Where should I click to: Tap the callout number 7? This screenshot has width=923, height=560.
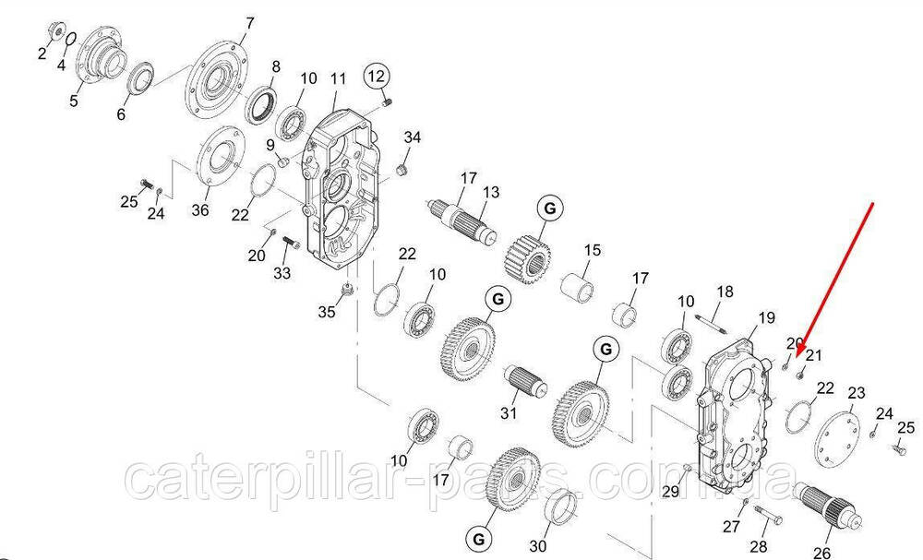[247, 23]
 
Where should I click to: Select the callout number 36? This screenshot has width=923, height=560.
[200, 210]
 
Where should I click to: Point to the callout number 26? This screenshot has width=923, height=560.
[821, 552]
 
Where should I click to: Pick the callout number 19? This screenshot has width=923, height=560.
[765, 319]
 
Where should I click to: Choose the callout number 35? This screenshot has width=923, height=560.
[328, 312]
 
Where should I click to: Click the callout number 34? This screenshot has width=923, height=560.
[413, 137]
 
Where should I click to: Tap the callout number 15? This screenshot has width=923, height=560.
[592, 250]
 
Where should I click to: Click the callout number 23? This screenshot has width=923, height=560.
[857, 393]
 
